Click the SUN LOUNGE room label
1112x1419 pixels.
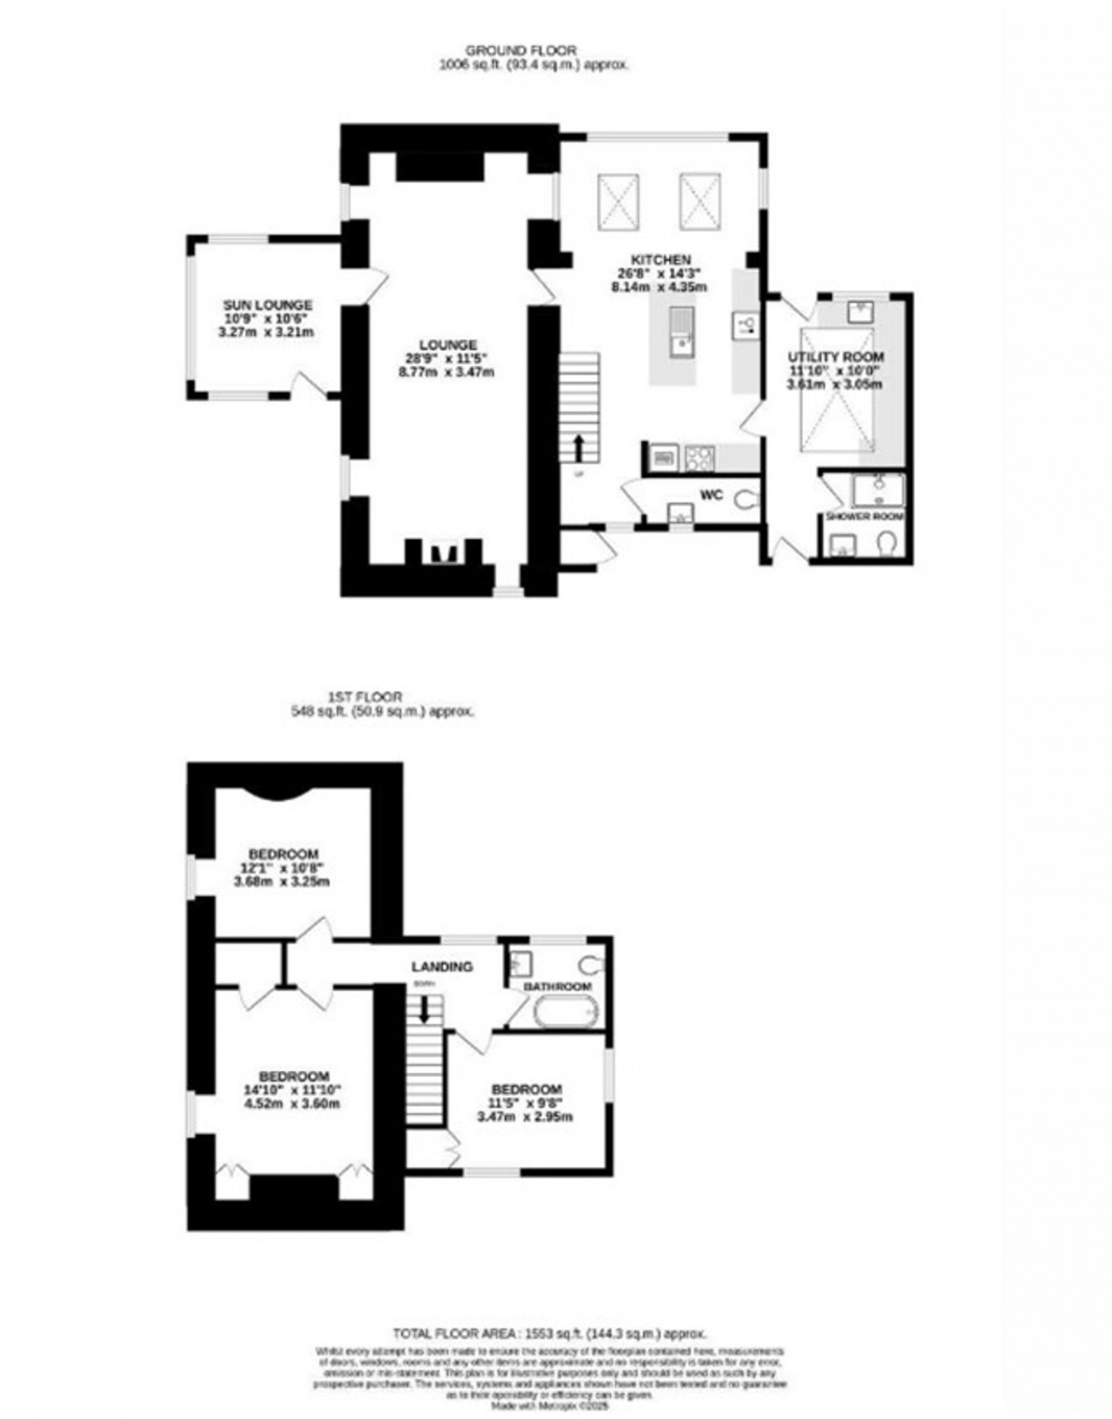(x=267, y=305)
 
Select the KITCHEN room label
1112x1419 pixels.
(x=662, y=259)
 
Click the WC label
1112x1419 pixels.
(x=712, y=495)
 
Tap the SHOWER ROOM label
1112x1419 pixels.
(x=864, y=516)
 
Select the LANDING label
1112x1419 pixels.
(x=441, y=967)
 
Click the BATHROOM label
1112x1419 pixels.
(x=558, y=986)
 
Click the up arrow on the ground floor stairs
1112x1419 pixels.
(x=579, y=446)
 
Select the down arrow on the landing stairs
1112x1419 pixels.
(x=425, y=1007)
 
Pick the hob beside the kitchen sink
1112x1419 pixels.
(x=699, y=458)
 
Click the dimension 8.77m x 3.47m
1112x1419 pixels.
(x=446, y=371)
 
